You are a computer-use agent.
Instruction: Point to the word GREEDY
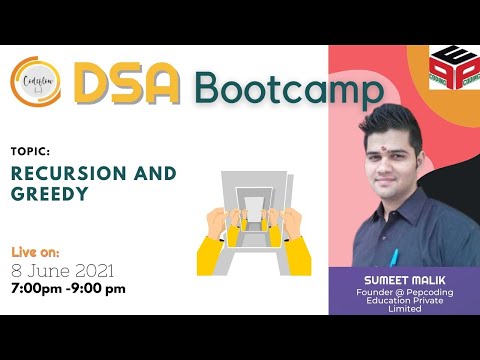click(x=46, y=194)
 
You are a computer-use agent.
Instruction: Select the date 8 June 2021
click(x=63, y=271)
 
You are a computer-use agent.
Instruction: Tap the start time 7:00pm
click(x=37, y=289)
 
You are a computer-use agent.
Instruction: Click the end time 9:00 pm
click(x=102, y=289)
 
